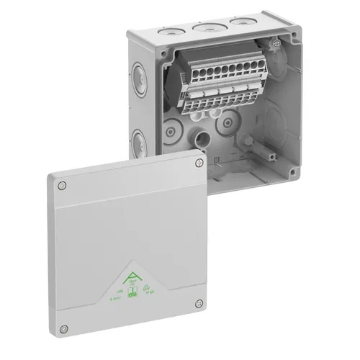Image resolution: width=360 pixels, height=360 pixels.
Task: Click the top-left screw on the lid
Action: click(x=63, y=186)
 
